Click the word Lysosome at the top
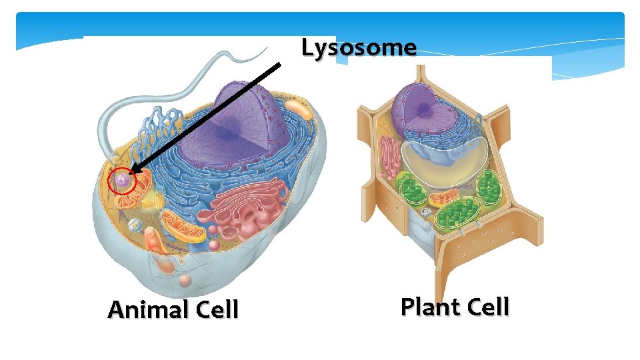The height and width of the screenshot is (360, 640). pos(359,47)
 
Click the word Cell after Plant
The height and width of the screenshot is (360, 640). pos(485,307)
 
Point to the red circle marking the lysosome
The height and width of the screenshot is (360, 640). pos(121,181)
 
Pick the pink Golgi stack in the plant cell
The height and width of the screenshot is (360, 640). pos(389,160)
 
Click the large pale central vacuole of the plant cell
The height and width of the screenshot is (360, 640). pos(440,160)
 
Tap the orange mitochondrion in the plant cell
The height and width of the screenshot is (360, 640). pos(443,199)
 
